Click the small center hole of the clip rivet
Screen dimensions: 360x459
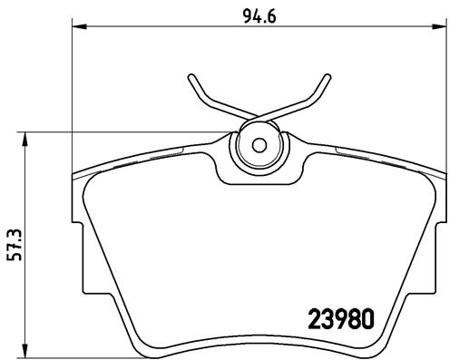pyautogui.click(x=258, y=145)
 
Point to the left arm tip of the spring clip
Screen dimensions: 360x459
pyautogui.click(x=192, y=75)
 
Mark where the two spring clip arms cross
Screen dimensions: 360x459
pyautogui.click(x=258, y=119)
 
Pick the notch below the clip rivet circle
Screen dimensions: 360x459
pyautogui.click(x=258, y=176)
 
